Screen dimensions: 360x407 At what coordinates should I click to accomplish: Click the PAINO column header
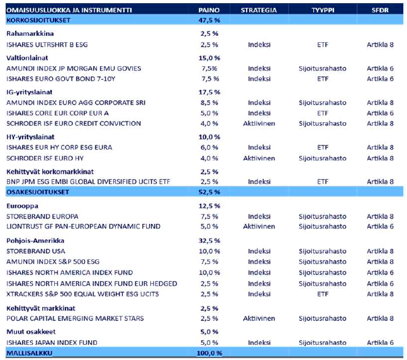click(x=209, y=10)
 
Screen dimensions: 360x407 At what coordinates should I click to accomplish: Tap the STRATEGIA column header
click(x=259, y=10)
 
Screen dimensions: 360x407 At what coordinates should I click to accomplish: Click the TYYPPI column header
click(x=323, y=10)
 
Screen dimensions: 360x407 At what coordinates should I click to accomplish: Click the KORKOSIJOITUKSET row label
click(x=33, y=20)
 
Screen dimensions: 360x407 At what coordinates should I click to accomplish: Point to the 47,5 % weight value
click(x=209, y=20)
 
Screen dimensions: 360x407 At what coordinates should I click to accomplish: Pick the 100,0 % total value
click(x=209, y=353)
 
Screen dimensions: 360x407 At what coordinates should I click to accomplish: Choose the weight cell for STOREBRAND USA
click(x=209, y=251)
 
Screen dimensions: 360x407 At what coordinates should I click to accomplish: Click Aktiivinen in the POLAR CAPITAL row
click(x=259, y=318)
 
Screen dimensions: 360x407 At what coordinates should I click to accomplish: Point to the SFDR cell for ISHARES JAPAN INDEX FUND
click(x=380, y=342)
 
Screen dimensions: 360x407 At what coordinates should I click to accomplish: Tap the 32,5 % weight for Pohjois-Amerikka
click(x=209, y=240)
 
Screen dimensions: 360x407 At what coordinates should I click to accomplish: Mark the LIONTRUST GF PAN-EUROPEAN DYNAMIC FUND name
click(x=83, y=227)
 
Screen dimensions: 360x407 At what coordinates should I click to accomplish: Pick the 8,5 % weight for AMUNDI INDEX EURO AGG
click(x=209, y=103)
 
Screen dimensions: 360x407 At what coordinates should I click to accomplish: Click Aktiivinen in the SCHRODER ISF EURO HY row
click(x=259, y=158)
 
